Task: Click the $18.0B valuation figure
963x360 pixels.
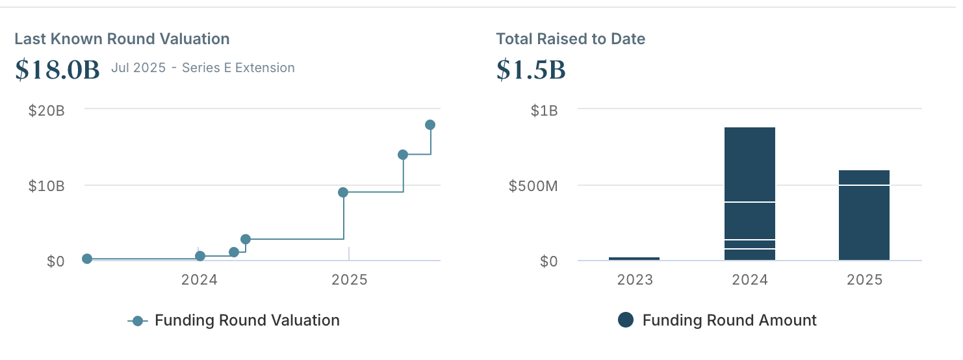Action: click(57, 70)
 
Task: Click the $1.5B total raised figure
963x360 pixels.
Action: click(531, 70)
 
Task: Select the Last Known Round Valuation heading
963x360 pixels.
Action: click(122, 39)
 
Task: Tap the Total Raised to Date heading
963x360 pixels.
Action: click(571, 39)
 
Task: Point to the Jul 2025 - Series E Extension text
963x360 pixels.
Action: click(203, 68)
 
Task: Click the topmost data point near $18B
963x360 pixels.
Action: click(430, 125)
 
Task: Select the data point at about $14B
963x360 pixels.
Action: click(403, 155)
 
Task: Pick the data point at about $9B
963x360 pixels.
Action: click(343, 192)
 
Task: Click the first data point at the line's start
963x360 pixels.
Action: click(87, 259)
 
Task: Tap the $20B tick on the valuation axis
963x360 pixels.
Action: click(47, 110)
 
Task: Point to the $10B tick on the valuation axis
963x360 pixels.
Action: click(47, 186)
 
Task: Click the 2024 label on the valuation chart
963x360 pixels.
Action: click(199, 280)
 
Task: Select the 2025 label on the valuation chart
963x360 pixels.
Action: click(350, 280)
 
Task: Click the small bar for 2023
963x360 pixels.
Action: click(634, 259)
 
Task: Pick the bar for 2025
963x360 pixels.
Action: click(864, 215)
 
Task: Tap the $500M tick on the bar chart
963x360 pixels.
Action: click(533, 186)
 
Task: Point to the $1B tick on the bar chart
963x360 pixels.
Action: click(545, 110)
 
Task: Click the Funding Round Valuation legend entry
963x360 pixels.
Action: click(247, 320)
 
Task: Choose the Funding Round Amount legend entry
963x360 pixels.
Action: click(729, 320)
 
